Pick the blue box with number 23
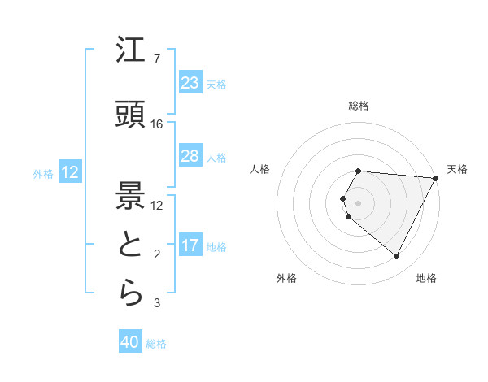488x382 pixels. [x=190, y=83]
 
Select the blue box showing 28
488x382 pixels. [x=190, y=156]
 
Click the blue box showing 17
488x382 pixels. [x=190, y=245]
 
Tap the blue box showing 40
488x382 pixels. [x=130, y=343]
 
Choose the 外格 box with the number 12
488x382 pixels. [x=69, y=172]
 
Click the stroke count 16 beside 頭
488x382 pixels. [x=157, y=124]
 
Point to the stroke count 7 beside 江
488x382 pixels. [x=156, y=59]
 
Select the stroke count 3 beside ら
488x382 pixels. [x=156, y=304]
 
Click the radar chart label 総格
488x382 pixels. [x=359, y=106]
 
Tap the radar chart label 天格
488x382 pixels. [x=457, y=169]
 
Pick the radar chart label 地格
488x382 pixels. [x=426, y=278]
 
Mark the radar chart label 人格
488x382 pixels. [x=260, y=169]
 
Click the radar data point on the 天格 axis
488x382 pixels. [x=436, y=178]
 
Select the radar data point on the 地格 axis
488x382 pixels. [x=397, y=257]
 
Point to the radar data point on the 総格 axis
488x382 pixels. [x=359, y=171]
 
